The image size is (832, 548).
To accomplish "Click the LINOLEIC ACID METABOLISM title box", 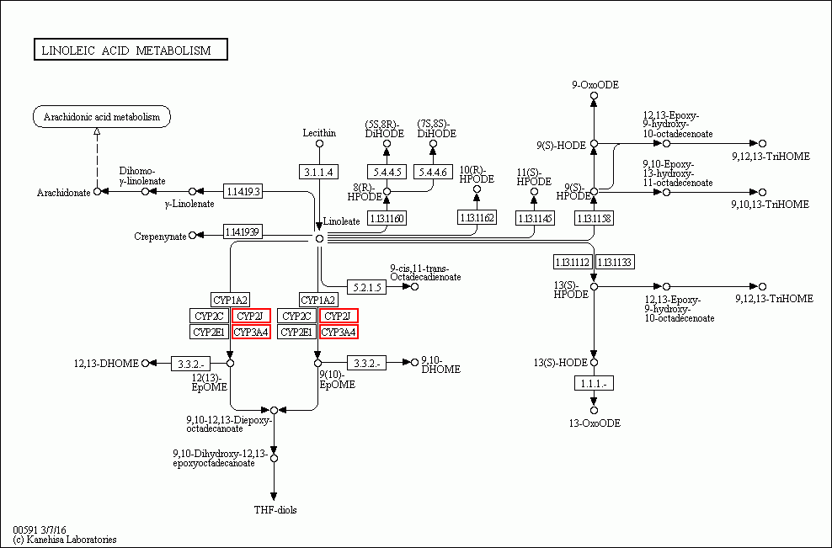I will pos(131,51).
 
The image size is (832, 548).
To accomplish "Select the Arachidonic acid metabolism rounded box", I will pos(102,117).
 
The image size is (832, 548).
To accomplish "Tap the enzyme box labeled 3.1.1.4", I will pos(319,172).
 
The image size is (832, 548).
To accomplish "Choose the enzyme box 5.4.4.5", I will pos(387,172).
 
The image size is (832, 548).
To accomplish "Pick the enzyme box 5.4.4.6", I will pos(434,172).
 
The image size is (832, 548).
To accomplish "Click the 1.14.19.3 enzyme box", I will pos(243,192).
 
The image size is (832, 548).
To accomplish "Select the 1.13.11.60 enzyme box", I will pos(387,218).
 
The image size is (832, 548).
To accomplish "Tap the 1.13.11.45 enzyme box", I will pos(535,218).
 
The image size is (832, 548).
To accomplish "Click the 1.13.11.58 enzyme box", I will pos(594,218).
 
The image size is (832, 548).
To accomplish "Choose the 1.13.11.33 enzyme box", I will pos(615,262).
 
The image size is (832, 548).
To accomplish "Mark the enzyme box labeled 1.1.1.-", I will pos(594,384).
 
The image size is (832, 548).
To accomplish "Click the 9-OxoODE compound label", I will pos(595,84).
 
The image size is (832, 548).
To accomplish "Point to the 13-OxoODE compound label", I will pos(594,423).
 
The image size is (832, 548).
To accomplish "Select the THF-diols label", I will pos(275,510).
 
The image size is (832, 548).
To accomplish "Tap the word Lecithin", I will pos(319,133).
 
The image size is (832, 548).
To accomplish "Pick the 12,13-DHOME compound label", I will pos(104,363).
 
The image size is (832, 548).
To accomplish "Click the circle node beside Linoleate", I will pos(319,238).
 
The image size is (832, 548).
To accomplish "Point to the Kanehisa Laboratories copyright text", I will pos(65,540).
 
